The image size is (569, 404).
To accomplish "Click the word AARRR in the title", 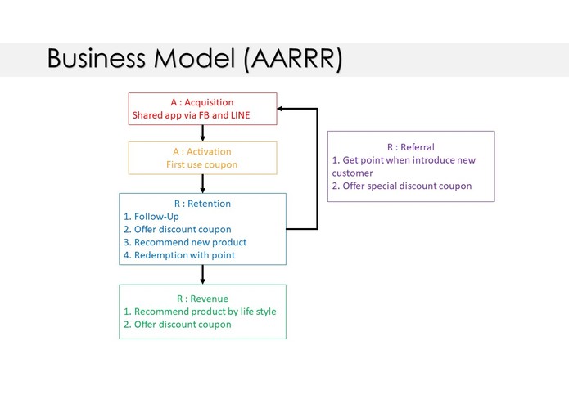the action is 293,58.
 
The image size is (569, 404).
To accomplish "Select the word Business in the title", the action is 97,58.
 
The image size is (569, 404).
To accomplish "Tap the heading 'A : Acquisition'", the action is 202,102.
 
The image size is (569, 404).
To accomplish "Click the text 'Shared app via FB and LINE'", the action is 191,115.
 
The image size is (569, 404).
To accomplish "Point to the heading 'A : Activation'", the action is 202,151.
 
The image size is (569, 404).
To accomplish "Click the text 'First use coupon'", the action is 201,164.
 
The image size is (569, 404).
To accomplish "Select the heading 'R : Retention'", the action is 202,204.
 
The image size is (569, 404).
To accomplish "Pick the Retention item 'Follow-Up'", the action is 156,217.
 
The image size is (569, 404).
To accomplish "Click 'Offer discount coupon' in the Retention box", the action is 183,229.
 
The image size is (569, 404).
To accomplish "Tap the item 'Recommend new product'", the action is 190,242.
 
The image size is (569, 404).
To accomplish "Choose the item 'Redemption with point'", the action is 184,255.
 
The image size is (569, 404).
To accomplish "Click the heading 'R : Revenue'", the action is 202,299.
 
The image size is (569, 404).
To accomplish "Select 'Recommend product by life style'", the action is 205,312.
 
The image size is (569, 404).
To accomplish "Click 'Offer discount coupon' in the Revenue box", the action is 183,325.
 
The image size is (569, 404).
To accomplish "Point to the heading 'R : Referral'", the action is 411,147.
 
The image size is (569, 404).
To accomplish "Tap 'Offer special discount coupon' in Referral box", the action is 407,186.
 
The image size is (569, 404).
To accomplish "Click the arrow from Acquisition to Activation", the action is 202,133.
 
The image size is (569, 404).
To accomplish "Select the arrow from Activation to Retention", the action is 202,184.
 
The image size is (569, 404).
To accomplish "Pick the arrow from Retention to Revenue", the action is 202,275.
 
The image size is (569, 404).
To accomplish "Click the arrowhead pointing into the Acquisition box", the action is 280,108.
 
